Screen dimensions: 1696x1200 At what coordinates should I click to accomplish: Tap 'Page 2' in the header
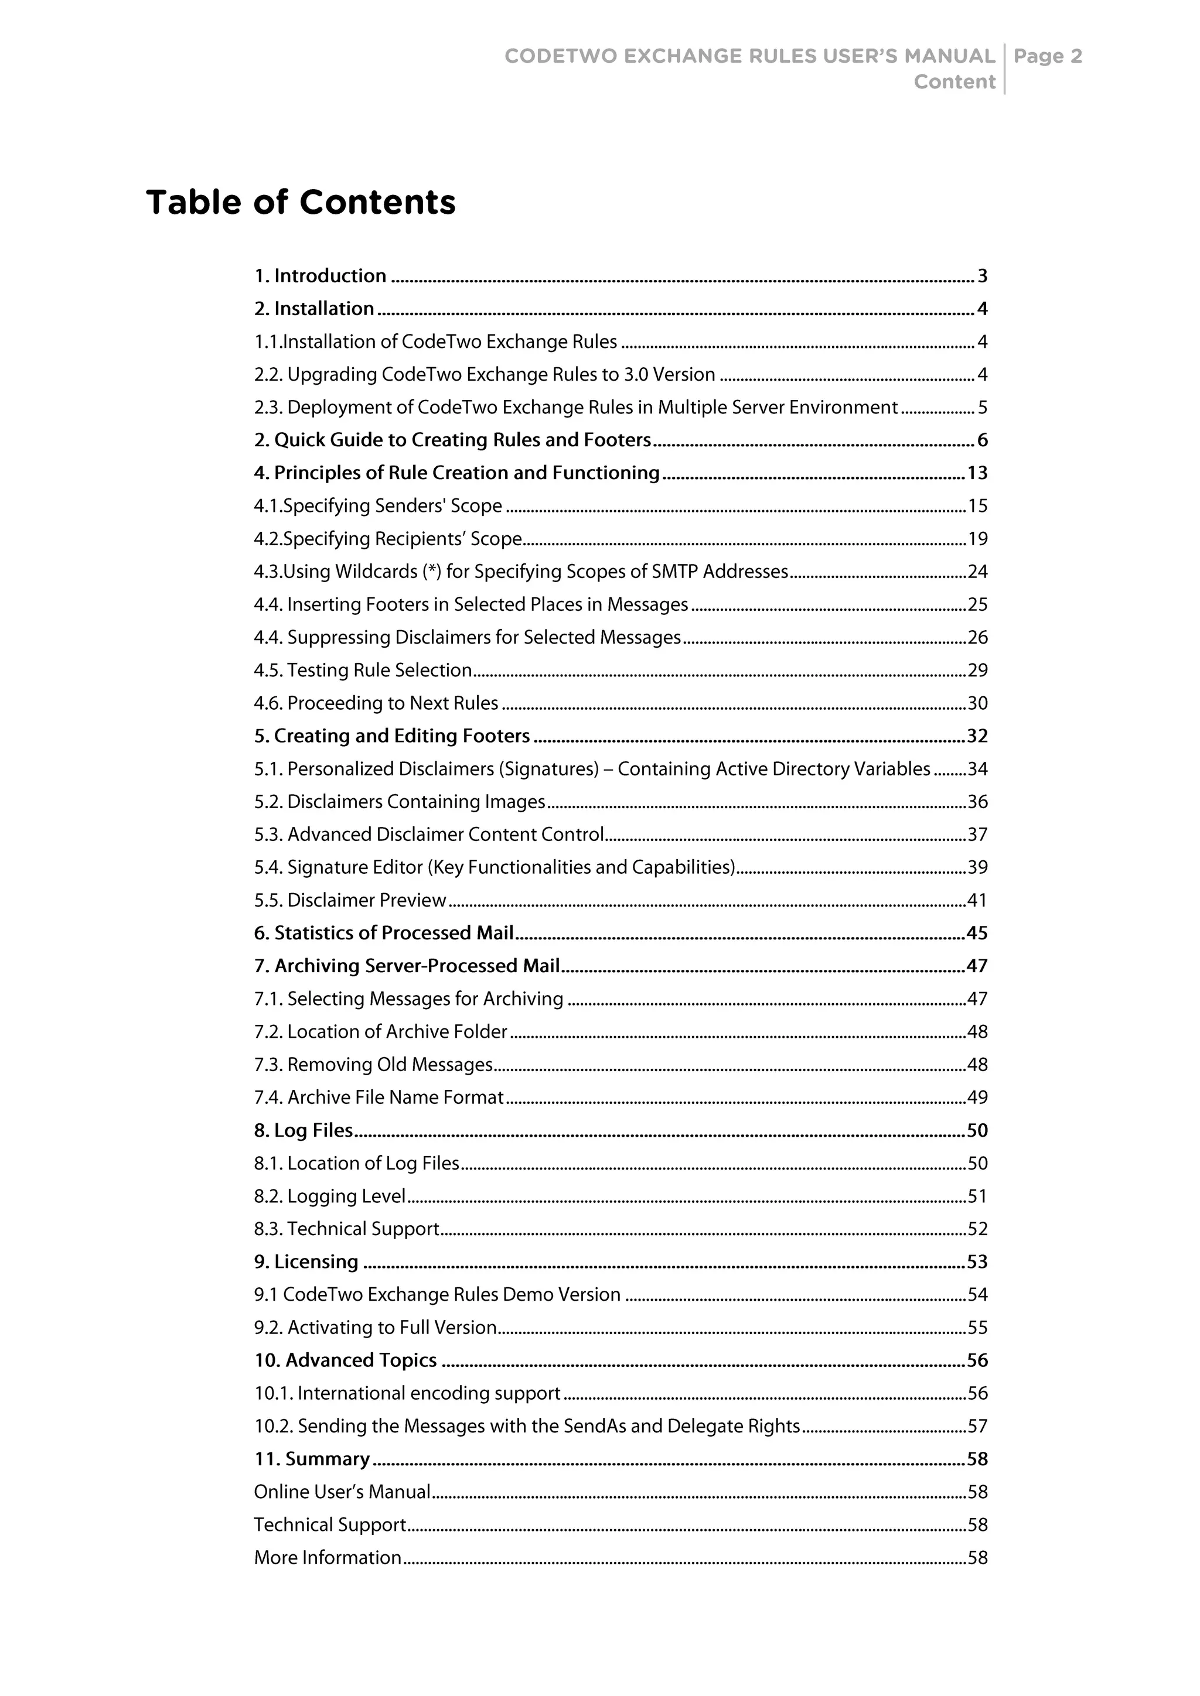pos(1048,56)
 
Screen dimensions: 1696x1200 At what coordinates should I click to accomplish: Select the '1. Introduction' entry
pos(320,276)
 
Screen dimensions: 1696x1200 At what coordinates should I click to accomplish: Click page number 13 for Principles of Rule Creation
pos(977,474)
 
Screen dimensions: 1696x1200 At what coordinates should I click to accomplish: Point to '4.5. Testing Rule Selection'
pos(363,671)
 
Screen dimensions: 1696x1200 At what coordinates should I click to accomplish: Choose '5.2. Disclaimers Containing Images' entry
pos(399,802)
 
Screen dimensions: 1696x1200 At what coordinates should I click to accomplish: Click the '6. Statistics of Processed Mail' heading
pos(384,934)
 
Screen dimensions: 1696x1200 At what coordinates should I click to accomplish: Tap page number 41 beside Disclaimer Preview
pos(977,901)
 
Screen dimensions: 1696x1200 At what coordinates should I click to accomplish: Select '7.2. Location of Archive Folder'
pos(380,1032)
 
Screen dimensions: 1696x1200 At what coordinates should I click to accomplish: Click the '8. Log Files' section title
pos(304,1131)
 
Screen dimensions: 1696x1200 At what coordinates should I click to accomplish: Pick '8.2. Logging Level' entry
pos(329,1196)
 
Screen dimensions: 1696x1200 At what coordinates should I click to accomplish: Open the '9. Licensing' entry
pos(306,1263)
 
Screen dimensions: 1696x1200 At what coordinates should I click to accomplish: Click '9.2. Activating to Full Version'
pos(374,1328)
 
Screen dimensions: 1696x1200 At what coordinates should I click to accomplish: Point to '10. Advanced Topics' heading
pos(345,1360)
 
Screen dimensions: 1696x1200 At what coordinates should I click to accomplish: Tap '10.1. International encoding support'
pos(407,1394)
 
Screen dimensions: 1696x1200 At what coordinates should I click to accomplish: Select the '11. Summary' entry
pos(312,1459)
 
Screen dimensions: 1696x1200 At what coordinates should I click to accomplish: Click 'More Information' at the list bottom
pos(328,1558)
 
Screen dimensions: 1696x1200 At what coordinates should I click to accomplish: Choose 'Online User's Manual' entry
pos(342,1492)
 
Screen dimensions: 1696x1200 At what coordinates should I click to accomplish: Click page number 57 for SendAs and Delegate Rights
pos(977,1427)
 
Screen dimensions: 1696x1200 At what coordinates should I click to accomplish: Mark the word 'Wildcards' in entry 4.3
pos(377,573)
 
